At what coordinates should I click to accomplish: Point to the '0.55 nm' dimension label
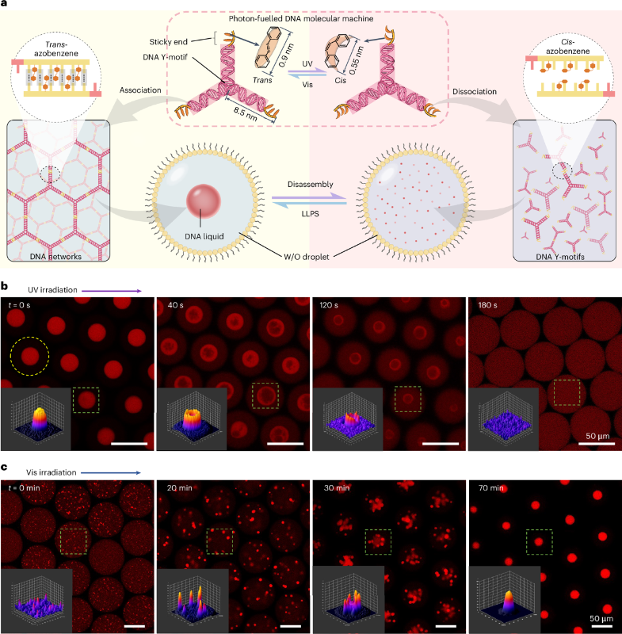(x=357, y=60)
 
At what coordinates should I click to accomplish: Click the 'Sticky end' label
(x=169, y=42)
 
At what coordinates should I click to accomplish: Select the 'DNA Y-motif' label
(x=166, y=57)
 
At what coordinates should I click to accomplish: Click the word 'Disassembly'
(x=311, y=185)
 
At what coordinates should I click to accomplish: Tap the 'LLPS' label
(x=310, y=213)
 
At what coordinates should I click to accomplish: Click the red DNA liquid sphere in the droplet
(x=204, y=201)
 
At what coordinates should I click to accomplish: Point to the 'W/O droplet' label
(x=306, y=256)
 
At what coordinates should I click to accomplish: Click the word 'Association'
(x=140, y=90)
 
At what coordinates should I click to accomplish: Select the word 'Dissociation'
(x=475, y=91)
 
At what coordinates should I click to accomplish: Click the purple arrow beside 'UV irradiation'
(x=112, y=291)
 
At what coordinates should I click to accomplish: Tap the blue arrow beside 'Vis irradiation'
(x=111, y=472)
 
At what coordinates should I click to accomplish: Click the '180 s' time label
(x=487, y=305)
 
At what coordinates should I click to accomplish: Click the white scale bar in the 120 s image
(x=441, y=444)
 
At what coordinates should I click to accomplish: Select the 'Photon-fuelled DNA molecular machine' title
(x=301, y=18)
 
